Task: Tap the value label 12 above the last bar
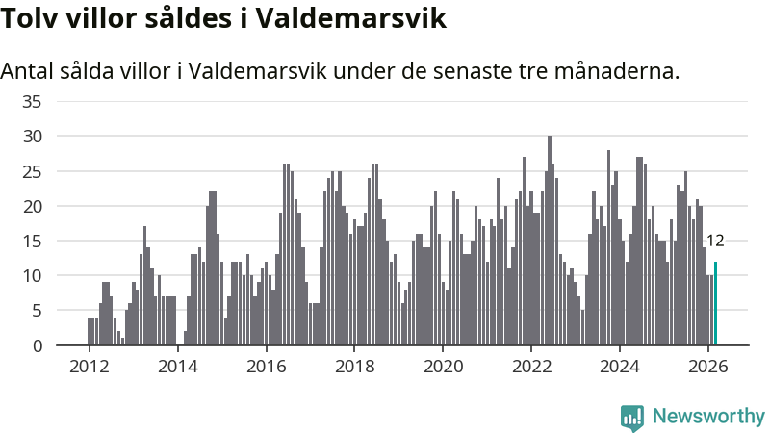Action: (715, 241)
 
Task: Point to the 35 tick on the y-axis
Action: (33, 102)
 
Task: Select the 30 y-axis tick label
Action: (33, 137)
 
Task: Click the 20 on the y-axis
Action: (33, 206)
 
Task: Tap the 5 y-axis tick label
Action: (38, 311)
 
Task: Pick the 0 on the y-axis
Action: (38, 345)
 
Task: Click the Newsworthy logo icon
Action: (632, 417)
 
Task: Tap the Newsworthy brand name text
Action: (708, 417)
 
